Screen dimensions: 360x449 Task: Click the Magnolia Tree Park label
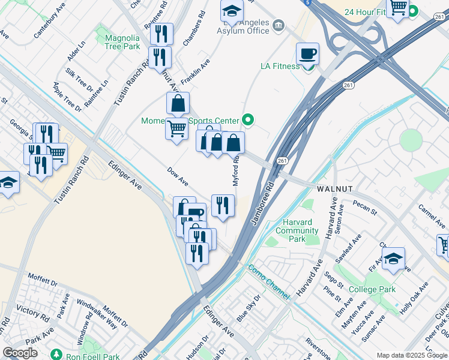click(122, 41)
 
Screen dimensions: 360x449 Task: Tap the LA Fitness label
click(280, 66)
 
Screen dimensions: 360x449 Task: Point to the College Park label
click(372, 289)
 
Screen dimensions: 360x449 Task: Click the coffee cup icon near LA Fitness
click(307, 54)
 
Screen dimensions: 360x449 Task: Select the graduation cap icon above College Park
click(393, 259)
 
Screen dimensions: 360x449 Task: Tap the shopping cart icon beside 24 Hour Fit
click(397, 8)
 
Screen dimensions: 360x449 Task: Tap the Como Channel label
click(269, 282)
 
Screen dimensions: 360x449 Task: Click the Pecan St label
click(365, 211)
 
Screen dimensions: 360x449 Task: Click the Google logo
click(20, 352)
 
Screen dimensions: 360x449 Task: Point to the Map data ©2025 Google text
click(411, 355)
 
